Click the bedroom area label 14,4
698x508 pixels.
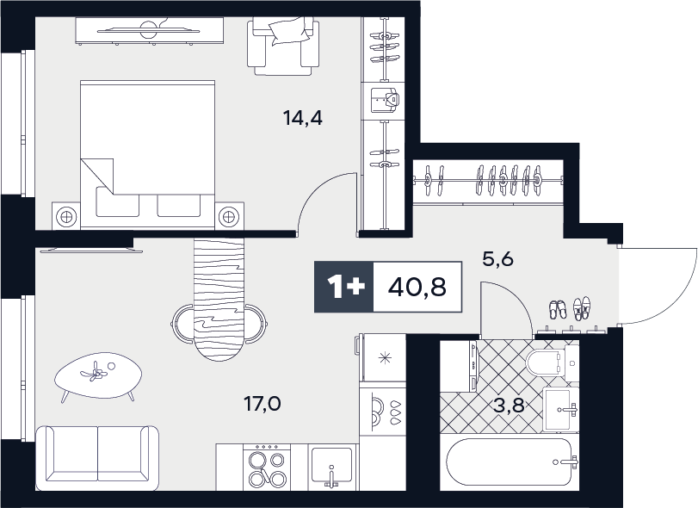pyautogui.click(x=303, y=118)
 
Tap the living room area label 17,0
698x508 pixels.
pyautogui.click(x=262, y=404)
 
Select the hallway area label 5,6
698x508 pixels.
pyautogui.click(x=498, y=258)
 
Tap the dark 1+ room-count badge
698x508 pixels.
pyautogui.click(x=344, y=287)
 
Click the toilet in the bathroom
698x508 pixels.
pyautogui.click(x=551, y=363)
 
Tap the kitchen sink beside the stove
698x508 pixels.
pyautogui.click(x=331, y=467)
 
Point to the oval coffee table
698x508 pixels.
pyautogui.click(x=98, y=376)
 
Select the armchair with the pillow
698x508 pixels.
pyautogui.click(x=283, y=46)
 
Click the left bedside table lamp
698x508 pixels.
pyautogui.click(x=67, y=217)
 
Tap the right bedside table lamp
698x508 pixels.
pyautogui.click(x=229, y=217)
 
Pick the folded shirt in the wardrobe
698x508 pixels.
pyautogui.click(x=386, y=100)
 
